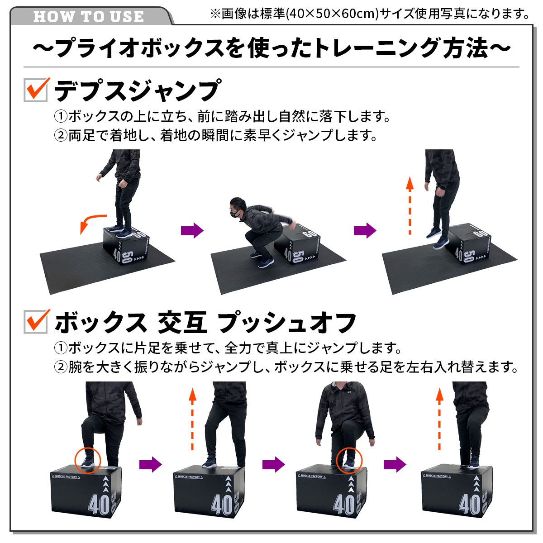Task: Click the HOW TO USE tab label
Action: point(89,17)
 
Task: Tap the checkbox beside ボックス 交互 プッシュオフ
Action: point(36,321)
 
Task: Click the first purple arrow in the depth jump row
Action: point(192,230)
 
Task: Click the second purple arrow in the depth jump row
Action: point(365,230)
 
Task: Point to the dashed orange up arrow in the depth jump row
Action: point(410,206)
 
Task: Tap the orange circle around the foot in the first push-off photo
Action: point(88,460)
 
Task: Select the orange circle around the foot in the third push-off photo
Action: point(349,460)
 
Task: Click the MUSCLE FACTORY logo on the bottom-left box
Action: point(66,477)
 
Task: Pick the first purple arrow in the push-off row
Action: point(150,464)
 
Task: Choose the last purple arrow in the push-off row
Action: point(395,464)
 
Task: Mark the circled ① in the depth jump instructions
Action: point(61,117)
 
